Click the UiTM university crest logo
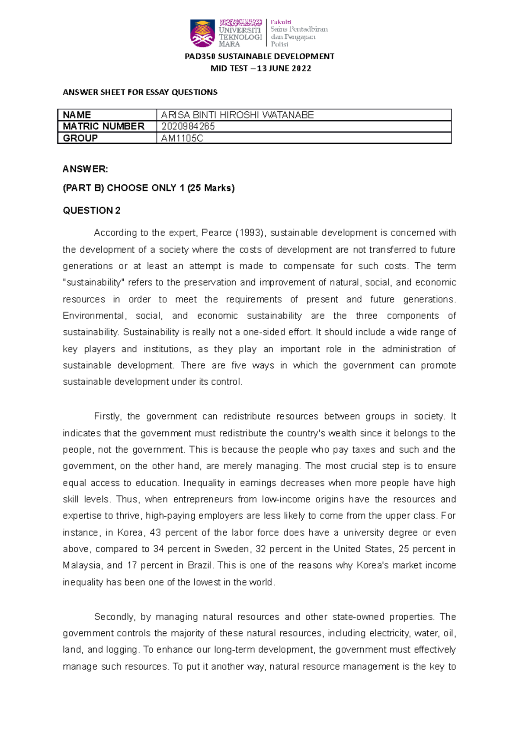(202, 33)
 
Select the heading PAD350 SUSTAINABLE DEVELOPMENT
(259, 56)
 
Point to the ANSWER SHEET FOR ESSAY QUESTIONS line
(140, 92)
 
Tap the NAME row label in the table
(77, 115)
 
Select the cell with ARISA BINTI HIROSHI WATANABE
(237, 115)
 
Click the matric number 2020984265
(188, 126)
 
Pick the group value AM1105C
(182, 138)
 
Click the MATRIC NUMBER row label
(104, 126)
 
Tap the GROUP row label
(80, 138)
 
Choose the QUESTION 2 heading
(92, 211)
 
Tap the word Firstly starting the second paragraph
(108, 416)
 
